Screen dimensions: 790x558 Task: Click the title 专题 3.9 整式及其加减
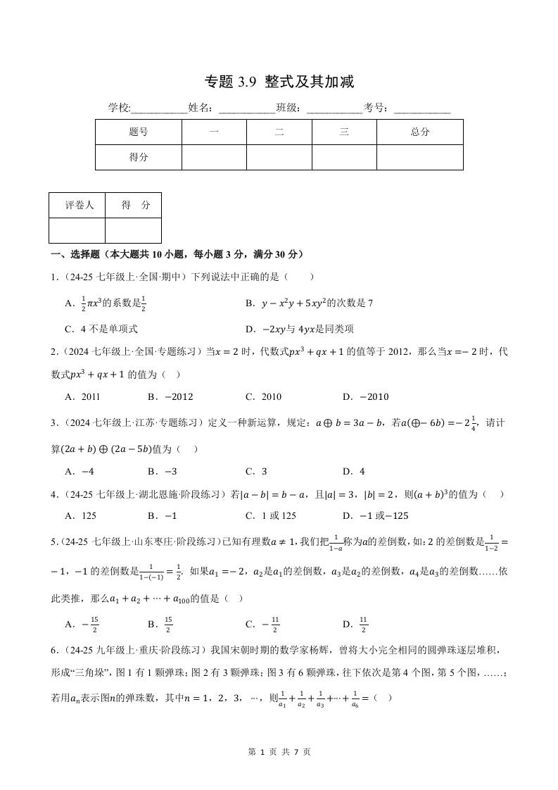click(x=279, y=82)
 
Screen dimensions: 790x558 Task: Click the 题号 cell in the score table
click(x=139, y=132)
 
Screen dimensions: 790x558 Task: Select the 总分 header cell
click(x=420, y=132)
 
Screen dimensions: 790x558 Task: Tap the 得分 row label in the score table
click(x=139, y=158)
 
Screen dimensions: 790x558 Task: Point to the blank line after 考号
click(x=422, y=108)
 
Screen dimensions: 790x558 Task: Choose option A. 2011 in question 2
click(x=82, y=396)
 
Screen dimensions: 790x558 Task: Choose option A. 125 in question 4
click(x=80, y=515)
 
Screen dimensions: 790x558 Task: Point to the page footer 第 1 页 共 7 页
click(x=279, y=751)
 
